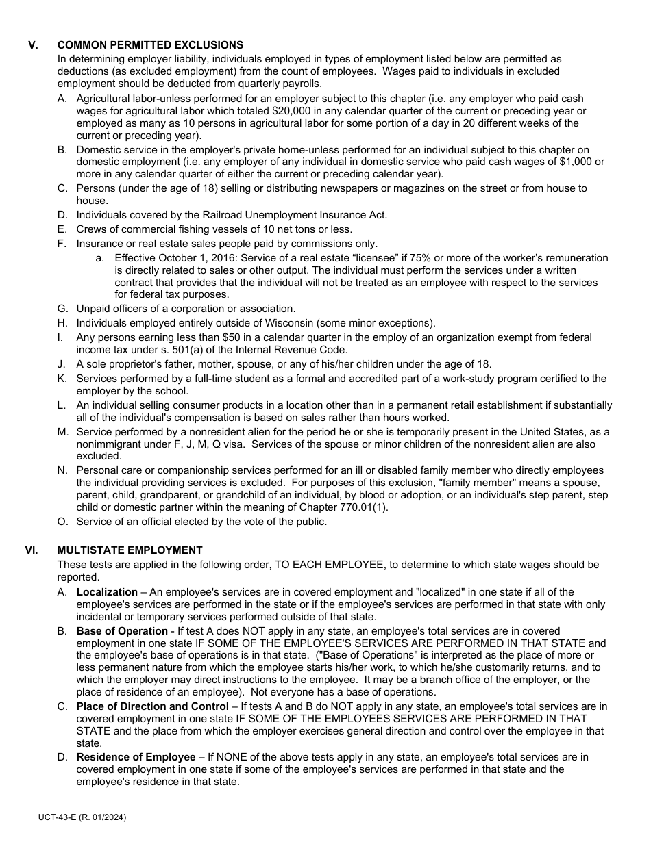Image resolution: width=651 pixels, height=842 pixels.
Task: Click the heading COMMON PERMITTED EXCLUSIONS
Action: click(x=150, y=45)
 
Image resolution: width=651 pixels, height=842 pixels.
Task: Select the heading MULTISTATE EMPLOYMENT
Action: click(x=130, y=550)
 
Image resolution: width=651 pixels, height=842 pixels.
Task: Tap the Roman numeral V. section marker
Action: click(x=33, y=45)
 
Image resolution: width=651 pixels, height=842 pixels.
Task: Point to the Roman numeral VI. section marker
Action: click(x=32, y=550)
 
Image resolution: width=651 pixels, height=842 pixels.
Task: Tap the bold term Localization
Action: click(x=107, y=592)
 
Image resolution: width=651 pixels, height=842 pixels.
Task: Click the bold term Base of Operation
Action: click(x=122, y=631)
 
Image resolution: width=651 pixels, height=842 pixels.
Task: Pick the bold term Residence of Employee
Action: click(x=136, y=757)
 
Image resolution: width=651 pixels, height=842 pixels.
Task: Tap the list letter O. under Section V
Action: click(x=62, y=522)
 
